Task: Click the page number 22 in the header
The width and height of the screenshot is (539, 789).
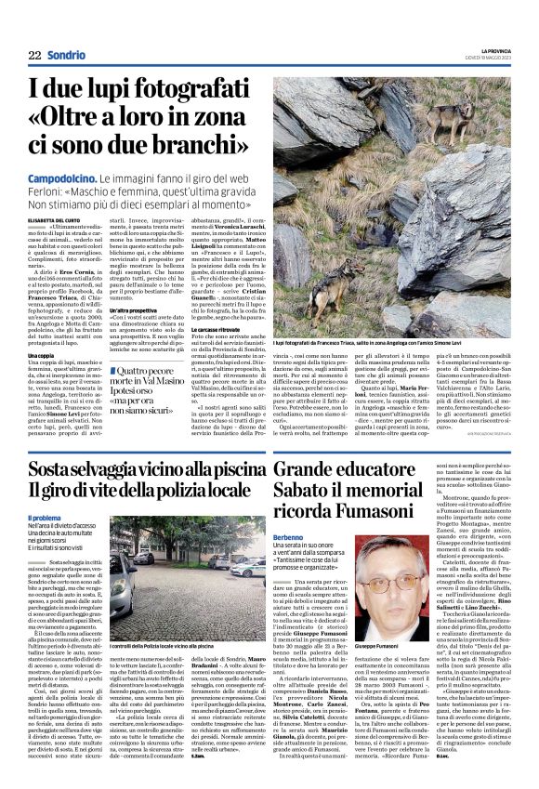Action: [x=34, y=55]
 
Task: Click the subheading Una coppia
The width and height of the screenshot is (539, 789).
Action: [x=41, y=355]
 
